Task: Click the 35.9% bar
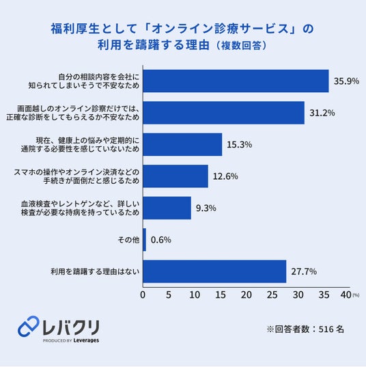coord(236,81)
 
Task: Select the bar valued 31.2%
coord(223,113)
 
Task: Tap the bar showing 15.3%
coord(182,144)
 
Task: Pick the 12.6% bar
coord(175,176)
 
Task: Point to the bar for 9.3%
coord(167,208)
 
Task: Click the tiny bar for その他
coord(145,240)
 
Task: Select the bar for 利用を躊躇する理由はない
coord(214,271)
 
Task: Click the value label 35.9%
coord(346,81)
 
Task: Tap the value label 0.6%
coord(161,240)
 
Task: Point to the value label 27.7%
coord(304,271)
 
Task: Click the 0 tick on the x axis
coord(143,295)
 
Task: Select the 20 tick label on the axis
coord(247,295)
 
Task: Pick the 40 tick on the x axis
coord(346,295)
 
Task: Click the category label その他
coord(128,240)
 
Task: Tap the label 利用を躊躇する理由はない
coord(95,271)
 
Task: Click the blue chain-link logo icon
coord(28,326)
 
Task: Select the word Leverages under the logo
coord(86,340)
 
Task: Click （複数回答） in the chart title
coord(241,46)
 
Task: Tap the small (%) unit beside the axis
coord(356,295)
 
